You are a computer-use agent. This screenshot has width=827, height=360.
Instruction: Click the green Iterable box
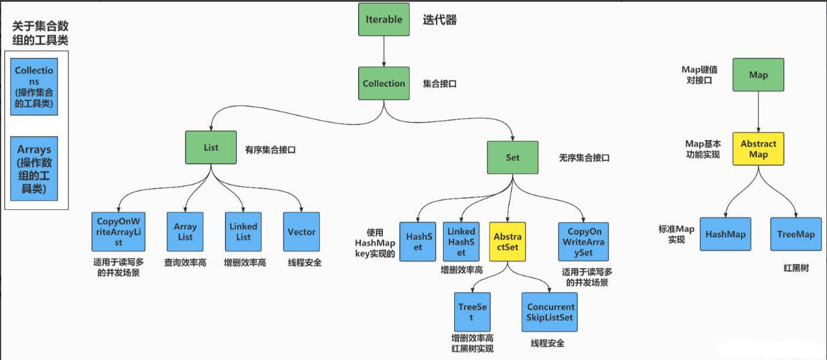pos(383,19)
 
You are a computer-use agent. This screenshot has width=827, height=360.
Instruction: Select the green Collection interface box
pos(383,84)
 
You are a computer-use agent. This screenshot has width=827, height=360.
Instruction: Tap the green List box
pos(211,148)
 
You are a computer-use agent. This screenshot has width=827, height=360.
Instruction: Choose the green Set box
pos(512,158)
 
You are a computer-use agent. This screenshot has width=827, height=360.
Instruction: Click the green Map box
pos(758,75)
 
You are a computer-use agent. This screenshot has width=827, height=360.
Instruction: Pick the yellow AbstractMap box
pos(758,148)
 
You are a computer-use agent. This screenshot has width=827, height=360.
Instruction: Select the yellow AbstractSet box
pos(507,242)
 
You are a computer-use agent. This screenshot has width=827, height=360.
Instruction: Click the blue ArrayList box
pos(185,232)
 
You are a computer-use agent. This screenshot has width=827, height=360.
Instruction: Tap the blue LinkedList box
pos(243,232)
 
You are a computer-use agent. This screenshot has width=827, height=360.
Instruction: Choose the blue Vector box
pos(302,232)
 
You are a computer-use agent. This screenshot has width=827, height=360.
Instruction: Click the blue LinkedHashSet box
pos(461,242)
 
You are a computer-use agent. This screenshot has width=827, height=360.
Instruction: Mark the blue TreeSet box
pos(472,312)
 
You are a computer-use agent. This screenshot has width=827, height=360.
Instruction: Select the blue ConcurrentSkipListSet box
pos(550,312)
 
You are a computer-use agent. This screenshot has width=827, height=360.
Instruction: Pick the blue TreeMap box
pos(795,234)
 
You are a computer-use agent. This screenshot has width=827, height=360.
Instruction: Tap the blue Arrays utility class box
pos(34,169)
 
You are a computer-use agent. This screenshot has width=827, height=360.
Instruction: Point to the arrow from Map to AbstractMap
pos(758,112)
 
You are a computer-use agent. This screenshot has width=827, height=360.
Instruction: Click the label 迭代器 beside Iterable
pos(439,20)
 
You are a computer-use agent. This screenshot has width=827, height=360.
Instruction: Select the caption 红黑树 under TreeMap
pos(796,268)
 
